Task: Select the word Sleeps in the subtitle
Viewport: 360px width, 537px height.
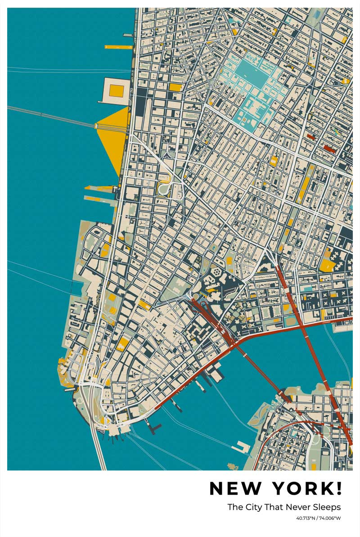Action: (328, 507)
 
